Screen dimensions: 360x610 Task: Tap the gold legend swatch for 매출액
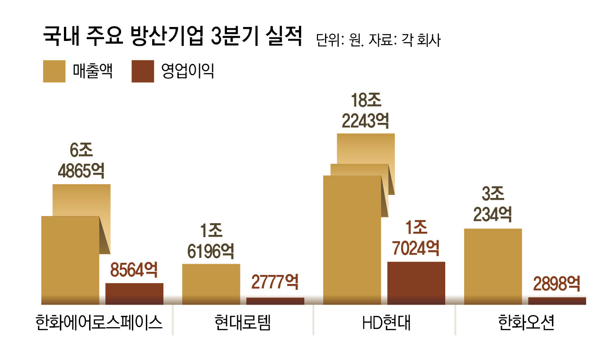point(54,71)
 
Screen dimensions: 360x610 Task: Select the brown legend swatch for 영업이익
point(143,71)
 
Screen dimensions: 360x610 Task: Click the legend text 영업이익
point(187,71)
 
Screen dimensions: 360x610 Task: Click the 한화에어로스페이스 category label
point(98,323)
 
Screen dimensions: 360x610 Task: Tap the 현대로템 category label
point(243,323)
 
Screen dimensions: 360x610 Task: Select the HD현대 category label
point(386,323)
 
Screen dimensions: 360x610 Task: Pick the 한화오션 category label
point(526,323)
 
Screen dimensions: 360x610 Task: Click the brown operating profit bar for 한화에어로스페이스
point(134,293)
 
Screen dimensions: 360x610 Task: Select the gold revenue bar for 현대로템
point(211,283)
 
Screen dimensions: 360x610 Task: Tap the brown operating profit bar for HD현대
point(416,282)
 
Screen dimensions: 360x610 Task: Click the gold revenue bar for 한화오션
point(493,265)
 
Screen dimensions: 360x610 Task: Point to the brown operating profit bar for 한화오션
point(557,301)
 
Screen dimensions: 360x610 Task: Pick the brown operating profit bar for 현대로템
point(275,301)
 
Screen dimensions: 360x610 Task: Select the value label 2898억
point(556,284)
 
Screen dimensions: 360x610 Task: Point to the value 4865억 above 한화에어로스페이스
point(81,171)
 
